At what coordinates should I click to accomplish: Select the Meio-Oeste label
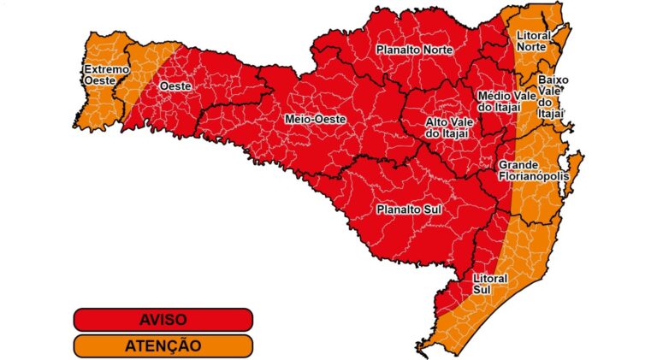316,120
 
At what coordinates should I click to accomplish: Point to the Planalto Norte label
415,50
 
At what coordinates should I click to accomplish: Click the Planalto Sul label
408,208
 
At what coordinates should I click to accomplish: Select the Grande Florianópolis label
534,169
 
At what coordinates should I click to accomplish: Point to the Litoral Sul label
490,284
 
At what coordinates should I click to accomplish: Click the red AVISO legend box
163,319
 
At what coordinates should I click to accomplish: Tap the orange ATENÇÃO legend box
163,345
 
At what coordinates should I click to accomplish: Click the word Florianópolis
534,175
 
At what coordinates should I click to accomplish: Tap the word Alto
440,121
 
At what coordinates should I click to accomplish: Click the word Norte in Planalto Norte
435,50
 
